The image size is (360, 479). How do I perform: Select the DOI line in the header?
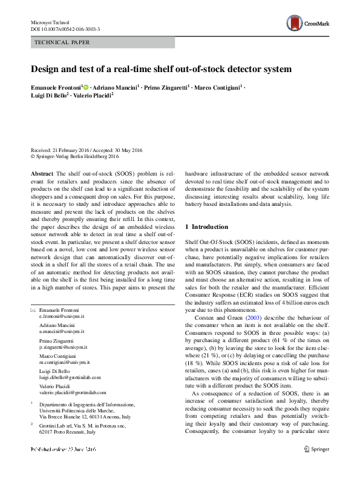pos(65,28)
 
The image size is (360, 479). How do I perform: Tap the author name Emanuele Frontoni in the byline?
pos(56,87)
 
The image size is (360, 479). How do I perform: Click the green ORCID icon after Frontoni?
pos(86,87)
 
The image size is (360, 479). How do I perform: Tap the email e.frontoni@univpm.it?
pos(61,316)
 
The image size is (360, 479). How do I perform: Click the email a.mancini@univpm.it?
pos(62,331)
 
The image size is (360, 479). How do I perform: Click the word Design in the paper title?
pos(47,68)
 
